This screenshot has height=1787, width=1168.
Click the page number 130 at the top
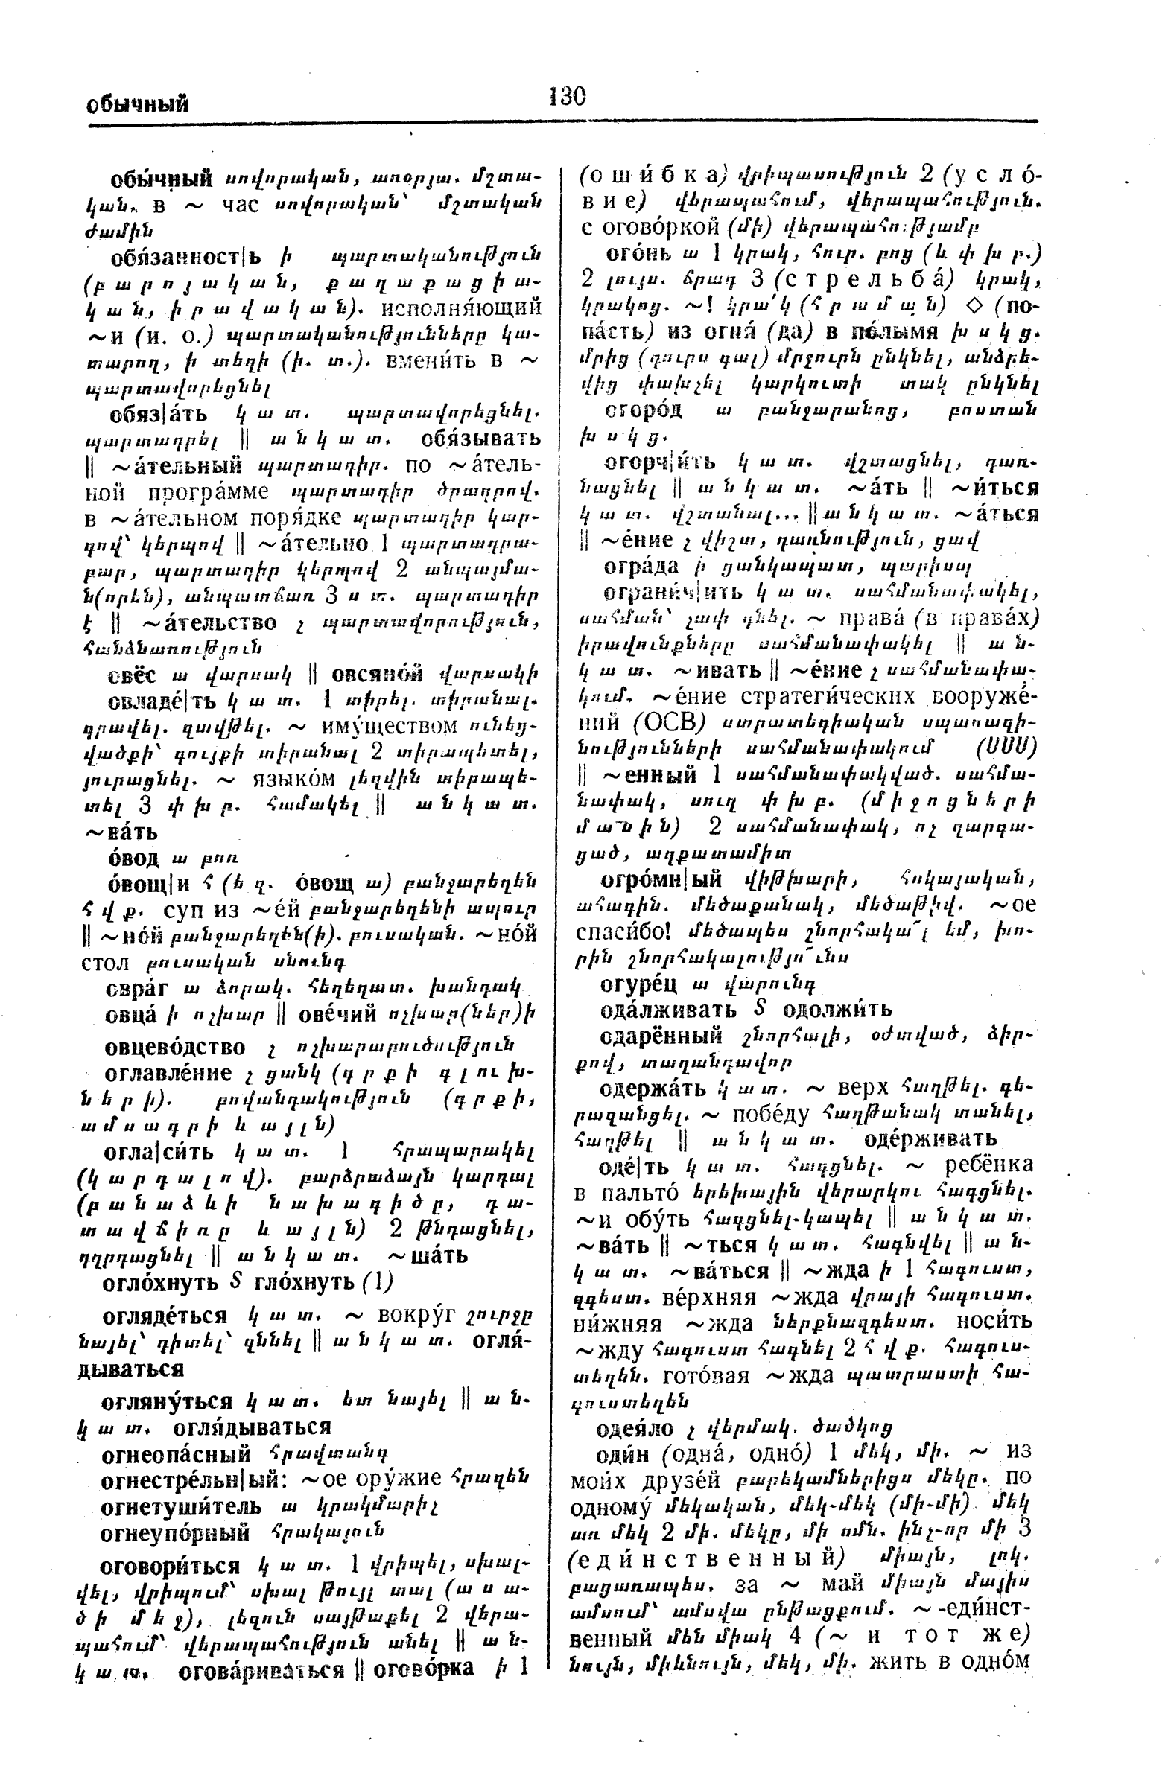click(567, 97)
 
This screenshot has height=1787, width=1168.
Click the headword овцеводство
click(175, 1047)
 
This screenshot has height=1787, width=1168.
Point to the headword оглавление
click(168, 1073)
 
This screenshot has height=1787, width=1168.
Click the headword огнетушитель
click(181, 1506)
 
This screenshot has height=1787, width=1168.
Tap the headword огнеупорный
click(175, 1532)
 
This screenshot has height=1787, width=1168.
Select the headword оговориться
click(170, 1567)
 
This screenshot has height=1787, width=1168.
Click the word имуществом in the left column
click(387, 726)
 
